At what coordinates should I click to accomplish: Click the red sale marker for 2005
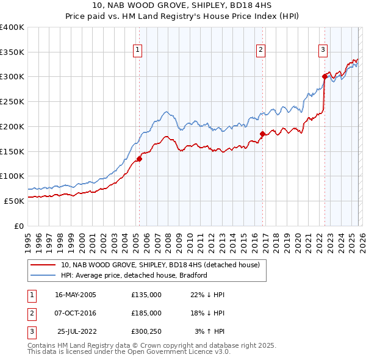(x=139, y=159)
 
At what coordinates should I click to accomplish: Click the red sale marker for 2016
(x=262, y=134)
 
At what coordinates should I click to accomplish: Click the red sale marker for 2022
(x=325, y=76)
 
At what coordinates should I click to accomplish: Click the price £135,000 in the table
(x=146, y=295)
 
